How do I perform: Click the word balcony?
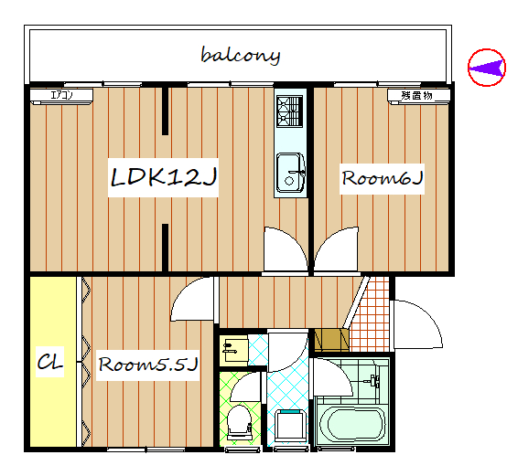click(x=241, y=56)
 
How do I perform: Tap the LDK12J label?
click(x=163, y=177)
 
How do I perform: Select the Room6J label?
click(x=383, y=178)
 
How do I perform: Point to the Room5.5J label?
click(x=148, y=365)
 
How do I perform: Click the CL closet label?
click(x=49, y=362)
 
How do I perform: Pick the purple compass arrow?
click(x=487, y=68)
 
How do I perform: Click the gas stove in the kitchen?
click(x=290, y=111)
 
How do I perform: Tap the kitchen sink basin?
click(x=290, y=173)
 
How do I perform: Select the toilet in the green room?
click(x=240, y=422)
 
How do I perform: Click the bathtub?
click(x=351, y=424)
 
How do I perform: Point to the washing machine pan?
click(x=291, y=426)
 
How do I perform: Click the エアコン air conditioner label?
click(x=61, y=95)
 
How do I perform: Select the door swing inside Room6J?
click(x=336, y=249)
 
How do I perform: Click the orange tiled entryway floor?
click(x=371, y=314)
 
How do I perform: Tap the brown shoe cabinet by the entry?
click(x=332, y=340)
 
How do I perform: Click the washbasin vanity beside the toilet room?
click(x=233, y=351)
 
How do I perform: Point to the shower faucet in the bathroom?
click(x=372, y=381)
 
